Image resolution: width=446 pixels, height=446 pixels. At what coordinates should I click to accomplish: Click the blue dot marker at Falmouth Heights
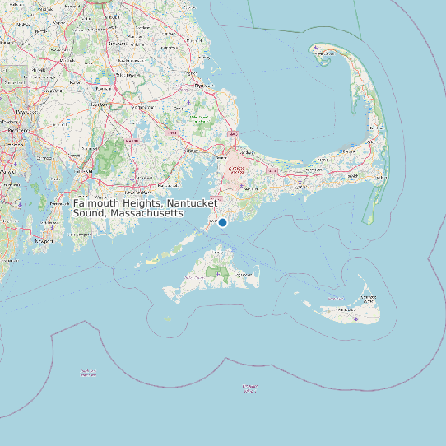pos(222,222)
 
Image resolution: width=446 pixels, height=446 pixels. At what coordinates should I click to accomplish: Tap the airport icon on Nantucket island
pos(355,318)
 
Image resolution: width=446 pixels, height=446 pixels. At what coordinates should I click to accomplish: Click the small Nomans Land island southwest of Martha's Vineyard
pos(168,318)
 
